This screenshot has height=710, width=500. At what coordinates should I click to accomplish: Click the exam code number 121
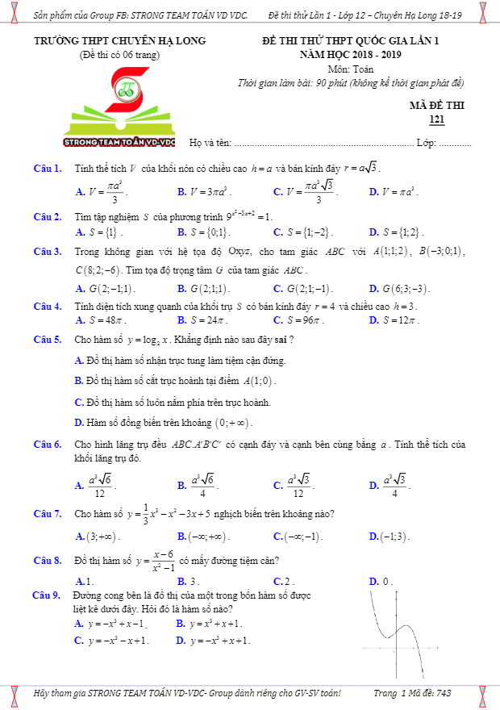(437, 120)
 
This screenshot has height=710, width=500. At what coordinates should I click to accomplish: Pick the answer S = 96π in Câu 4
(302, 320)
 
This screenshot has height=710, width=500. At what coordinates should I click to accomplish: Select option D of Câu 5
(164, 422)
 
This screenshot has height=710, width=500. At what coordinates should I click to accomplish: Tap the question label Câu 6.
(48, 445)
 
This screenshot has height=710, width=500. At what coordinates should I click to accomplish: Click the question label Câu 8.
(48, 560)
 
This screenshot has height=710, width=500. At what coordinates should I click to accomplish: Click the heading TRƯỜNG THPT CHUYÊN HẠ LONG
(120, 40)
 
